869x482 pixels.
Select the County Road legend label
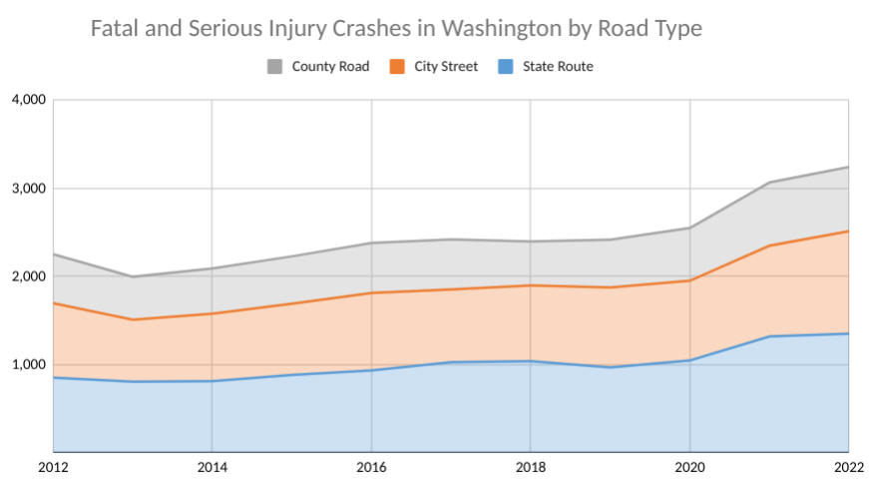click(x=330, y=67)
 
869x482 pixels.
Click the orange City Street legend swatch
click(x=397, y=67)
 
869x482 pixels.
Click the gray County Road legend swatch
click(x=274, y=67)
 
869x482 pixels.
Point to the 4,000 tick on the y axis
click(x=28, y=100)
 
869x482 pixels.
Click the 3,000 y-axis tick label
click(x=28, y=189)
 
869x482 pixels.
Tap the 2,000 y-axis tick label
click(x=28, y=276)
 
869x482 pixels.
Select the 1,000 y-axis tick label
click(x=28, y=365)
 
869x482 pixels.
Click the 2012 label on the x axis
click(x=53, y=466)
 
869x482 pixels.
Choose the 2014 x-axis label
click(x=212, y=466)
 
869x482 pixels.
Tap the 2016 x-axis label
click(x=371, y=466)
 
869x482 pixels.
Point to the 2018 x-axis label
click(x=530, y=466)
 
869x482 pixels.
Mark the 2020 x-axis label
click(x=689, y=466)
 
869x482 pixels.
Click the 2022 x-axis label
click(x=846, y=466)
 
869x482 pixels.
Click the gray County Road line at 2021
click(x=768, y=183)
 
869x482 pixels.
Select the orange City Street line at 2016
click(x=371, y=292)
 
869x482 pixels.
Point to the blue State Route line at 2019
click(x=610, y=367)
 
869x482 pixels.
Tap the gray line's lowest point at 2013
click(x=133, y=276)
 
